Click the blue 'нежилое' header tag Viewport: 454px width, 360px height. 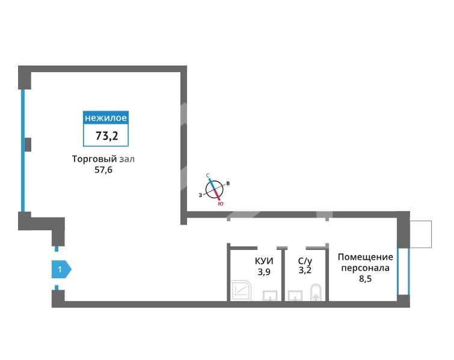(106, 118)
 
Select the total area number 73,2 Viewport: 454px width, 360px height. (107, 136)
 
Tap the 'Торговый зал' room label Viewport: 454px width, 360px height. (103, 159)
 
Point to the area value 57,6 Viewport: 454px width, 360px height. (103, 170)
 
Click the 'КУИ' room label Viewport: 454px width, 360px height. (264, 261)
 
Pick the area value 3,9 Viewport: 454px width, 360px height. (264, 272)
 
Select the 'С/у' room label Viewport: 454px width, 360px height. (305, 261)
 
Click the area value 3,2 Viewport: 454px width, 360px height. (305, 270)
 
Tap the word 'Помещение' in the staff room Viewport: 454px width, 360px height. (366, 257)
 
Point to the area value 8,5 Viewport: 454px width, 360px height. (366, 279)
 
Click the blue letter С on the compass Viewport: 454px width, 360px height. (207, 175)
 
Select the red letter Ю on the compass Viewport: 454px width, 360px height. (221, 204)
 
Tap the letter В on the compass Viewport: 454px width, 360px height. (228, 183)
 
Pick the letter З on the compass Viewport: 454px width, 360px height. (200, 195)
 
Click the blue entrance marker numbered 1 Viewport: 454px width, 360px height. (61, 269)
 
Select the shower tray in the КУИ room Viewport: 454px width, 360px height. (241, 290)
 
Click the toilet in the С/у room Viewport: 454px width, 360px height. (316, 292)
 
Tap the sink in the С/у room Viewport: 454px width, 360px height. (295, 296)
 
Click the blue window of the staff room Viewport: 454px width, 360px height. (403, 271)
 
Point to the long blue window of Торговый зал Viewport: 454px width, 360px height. (23, 150)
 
